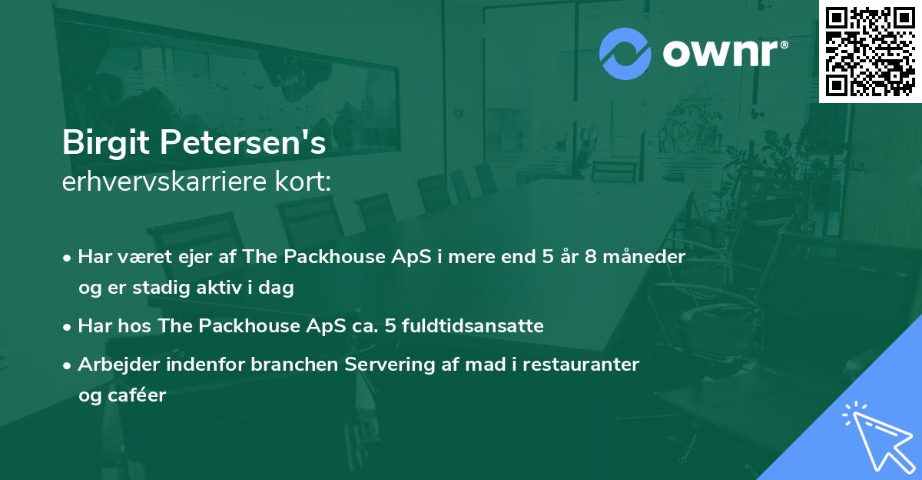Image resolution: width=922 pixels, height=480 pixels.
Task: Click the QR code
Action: (x=870, y=52)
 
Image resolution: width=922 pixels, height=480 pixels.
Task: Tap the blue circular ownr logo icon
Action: (x=625, y=54)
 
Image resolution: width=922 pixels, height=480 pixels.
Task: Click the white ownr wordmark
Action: (x=721, y=54)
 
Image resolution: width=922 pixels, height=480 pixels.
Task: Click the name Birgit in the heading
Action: (x=106, y=143)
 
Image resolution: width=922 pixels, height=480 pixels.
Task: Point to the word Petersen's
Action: (x=243, y=142)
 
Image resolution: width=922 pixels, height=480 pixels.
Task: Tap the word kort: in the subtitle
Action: (x=303, y=182)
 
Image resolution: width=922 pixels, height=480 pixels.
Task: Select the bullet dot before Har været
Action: (x=67, y=258)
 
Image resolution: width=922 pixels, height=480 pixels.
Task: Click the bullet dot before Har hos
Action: (x=67, y=328)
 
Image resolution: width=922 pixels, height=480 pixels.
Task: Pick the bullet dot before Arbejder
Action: (x=67, y=366)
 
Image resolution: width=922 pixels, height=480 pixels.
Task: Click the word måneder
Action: (x=644, y=256)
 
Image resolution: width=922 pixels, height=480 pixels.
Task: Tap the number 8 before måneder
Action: (x=590, y=257)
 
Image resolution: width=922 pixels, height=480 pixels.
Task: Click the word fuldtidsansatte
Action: (x=473, y=325)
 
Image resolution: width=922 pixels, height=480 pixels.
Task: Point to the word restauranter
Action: (x=581, y=365)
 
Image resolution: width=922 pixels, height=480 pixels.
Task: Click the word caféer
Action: (x=137, y=395)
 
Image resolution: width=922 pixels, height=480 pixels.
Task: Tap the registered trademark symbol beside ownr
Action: (x=784, y=45)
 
